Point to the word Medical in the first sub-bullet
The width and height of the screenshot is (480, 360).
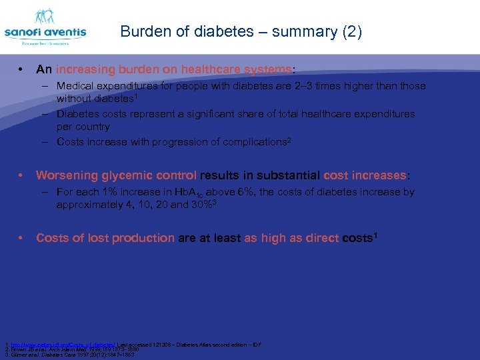click(x=75, y=86)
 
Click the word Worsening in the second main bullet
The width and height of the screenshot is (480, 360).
click(x=67, y=175)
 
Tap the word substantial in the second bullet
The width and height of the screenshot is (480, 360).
click(x=287, y=175)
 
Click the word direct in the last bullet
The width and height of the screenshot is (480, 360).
click(x=319, y=238)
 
